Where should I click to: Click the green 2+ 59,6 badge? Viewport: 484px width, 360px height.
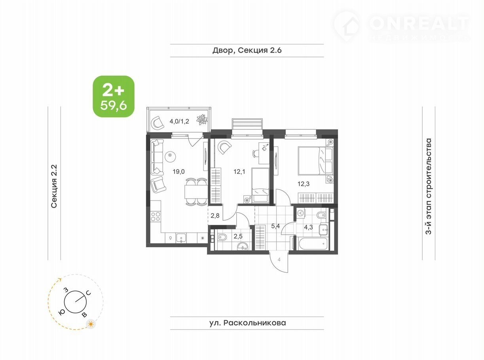pyautogui.click(x=114, y=97)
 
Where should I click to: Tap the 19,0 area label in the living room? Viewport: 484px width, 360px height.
pyautogui.click(x=179, y=172)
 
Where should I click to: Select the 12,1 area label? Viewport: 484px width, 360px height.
pyautogui.click(x=239, y=172)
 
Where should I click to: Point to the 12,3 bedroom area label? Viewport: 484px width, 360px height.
pyautogui.click(x=304, y=184)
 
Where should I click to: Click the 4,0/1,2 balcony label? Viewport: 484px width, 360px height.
pyautogui.click(x=179, y=121)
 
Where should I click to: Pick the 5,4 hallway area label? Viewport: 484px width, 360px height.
pyautogui.click(x=275, y=226)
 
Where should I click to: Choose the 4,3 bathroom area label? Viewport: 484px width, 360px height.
pyautogui.click(x=309, y=227)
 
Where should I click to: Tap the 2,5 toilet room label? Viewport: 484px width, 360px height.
pyautogui.click(x=238, y=236)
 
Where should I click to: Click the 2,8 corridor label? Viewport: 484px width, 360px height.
pyautogui.click(x=215, y=216)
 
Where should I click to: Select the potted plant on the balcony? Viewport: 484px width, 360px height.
pyautogui.click(x=202, y=120)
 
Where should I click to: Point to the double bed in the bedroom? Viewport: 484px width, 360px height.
pyautogui.click(x=315, y=161)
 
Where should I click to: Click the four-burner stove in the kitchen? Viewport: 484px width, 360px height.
pyautogui.click(x=156, y=217)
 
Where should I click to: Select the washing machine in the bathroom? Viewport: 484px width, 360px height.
pyautogui.click(x=301, y=213)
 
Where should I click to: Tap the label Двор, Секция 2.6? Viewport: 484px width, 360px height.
pyautogui.click(x=247, y=50)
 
